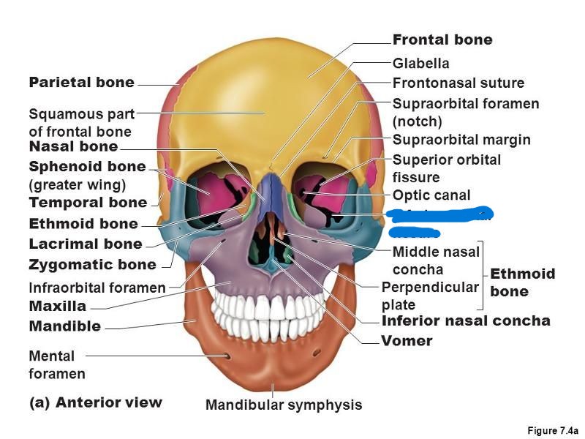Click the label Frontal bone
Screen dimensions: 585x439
(442, 40)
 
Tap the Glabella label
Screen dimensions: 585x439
(420, 64)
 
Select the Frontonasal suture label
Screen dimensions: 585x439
(458, 83)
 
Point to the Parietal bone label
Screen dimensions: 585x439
(81, 83)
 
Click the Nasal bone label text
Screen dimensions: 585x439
(73, 146)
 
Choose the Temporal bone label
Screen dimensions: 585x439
(88, 202)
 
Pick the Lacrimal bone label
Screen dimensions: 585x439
(86, 244)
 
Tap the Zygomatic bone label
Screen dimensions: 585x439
(92, 264)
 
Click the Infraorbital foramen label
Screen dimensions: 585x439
(97, 288)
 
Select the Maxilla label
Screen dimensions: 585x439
(57, 306)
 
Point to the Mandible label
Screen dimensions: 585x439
(64, 326)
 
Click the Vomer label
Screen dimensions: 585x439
(407, 341)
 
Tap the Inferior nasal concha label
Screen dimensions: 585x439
(466, 320)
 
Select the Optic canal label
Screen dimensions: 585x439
(431, 195)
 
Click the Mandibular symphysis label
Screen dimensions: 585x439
(283, 405)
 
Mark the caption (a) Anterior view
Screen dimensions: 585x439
(95, 402)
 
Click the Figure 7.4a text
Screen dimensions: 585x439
(552, 431)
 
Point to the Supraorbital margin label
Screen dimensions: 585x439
(461, 140)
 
